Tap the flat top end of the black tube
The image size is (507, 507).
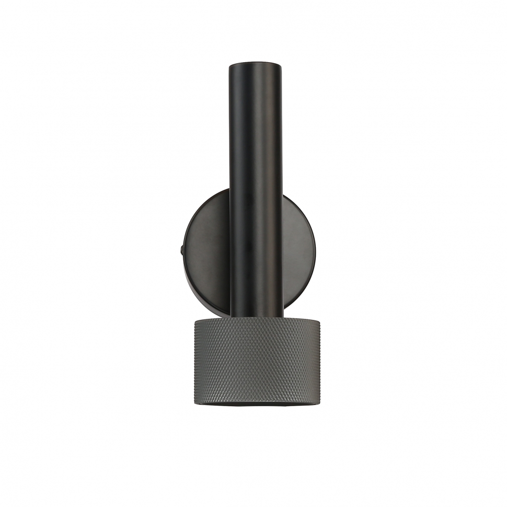pos(256,64)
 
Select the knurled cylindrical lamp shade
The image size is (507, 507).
pos(255,361)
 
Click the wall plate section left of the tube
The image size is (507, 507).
pos(206,251)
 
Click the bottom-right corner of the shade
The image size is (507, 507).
pos(315,400)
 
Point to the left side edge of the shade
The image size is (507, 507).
pos(194,361)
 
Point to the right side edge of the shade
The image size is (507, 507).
pos(317,361)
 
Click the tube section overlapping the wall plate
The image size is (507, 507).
pos(256,251)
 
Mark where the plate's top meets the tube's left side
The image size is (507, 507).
pos(229,190)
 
